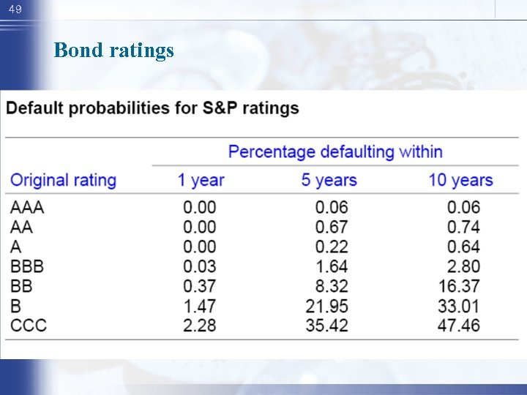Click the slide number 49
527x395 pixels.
click(15, 10)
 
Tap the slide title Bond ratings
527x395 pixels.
click(113, 50)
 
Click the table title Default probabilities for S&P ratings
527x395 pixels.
click(152, 108)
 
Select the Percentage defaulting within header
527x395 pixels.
click(335, 152)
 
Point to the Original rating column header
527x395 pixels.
click(64, 180)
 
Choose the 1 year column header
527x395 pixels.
click(201, 180)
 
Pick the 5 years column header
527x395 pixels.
click(329, 180)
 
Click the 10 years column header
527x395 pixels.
click(460, 180)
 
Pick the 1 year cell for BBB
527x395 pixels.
click(200, 266)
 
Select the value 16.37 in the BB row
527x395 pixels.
click(459, 286)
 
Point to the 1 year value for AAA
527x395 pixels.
click(200, 207)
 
